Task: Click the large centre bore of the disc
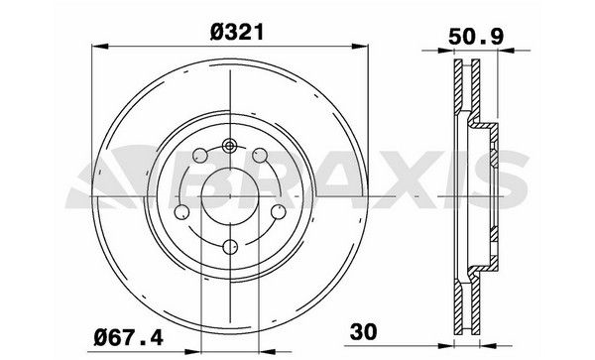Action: point(229,197)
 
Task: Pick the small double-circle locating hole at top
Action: point(229,147)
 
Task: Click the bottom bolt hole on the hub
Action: point(229,248)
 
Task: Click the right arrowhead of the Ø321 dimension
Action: point(361,45)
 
